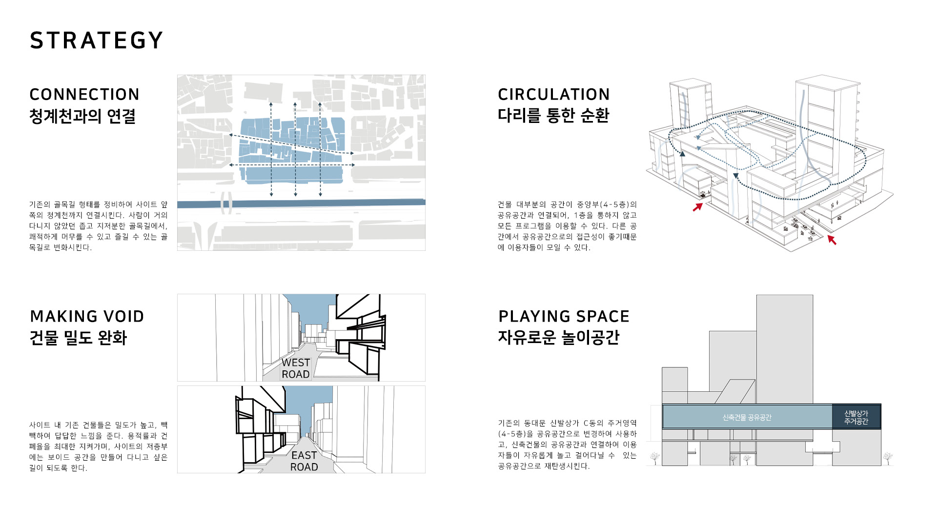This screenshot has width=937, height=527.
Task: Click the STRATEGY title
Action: [96, 41]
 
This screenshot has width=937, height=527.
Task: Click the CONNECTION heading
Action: [84, 94]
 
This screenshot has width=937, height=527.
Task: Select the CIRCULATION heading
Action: [554, 94]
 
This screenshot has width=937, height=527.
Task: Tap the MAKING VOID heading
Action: [87, 316]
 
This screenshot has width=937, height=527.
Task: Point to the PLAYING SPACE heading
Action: [564, 316]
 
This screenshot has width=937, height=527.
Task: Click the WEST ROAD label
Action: [296, 368]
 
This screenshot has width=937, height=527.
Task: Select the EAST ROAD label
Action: [304, 461]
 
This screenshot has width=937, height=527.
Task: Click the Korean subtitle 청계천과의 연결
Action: [82, 116]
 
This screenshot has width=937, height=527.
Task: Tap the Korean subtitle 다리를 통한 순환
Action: [553, 115]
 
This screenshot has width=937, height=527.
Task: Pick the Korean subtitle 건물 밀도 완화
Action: [78, 338]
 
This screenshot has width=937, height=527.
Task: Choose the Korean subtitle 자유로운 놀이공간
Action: [559, 337]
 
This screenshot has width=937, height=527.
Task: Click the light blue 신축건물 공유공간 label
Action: [747, 417]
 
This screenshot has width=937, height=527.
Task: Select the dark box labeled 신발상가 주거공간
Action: [856, 417]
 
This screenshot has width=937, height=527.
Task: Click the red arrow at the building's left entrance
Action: [698, 207]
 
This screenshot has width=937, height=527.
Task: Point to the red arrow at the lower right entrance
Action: [832, 240]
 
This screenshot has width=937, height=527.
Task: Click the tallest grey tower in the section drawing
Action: [785, 349]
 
